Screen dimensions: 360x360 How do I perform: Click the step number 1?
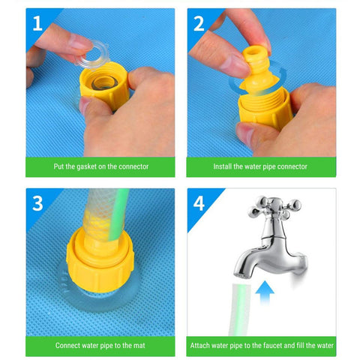[x=37, y=23]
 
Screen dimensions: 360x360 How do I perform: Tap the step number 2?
[x=199, y=24]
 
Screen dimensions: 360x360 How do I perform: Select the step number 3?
[x=37, y=203]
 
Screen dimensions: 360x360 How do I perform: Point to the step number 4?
[x=199, y=203]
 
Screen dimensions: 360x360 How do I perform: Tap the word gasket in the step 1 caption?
[x=87, y=166]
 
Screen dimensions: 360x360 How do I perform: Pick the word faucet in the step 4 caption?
[x=272, y=346]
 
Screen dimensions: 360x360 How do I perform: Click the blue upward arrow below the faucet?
[x=265, y=292]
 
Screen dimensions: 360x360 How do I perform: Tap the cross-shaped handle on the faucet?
[x=275, y=207]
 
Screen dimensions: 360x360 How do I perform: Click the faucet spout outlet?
[x=242, y=275]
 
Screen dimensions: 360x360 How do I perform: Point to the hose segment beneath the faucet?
[x=239, y=310]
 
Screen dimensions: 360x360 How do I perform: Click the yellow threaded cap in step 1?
[x=104, y=84]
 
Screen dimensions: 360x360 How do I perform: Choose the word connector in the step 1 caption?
[x=133, y=166]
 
